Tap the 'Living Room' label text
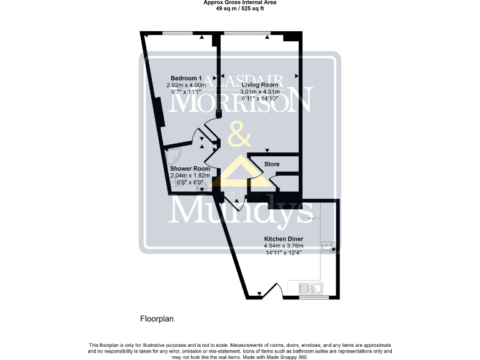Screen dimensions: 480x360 coord(260,84)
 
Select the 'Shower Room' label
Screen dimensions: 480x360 coord(190,169)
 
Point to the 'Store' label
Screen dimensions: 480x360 coord(271,164)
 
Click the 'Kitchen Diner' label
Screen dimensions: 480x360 coord(283,239)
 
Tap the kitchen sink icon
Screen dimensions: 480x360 coord(311,288)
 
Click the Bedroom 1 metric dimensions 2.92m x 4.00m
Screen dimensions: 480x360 coord(186,85)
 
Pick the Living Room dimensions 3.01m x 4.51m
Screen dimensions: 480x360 coord(260,91)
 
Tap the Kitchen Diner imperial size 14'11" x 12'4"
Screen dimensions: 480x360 coord(283,252)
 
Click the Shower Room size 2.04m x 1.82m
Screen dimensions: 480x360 coord(191,176)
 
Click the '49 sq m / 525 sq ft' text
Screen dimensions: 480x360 coord(240,8)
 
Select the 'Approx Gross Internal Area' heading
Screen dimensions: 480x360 coord(240,2)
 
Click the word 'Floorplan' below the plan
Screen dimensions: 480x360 coord(156,319)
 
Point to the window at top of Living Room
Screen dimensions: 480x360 coord(244,32)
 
